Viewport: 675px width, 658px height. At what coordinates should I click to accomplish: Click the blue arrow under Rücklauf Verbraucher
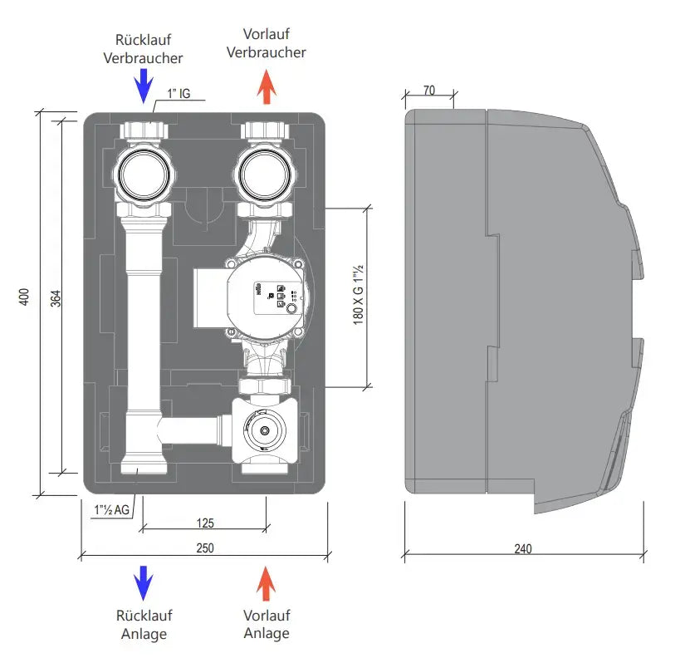point(143,86)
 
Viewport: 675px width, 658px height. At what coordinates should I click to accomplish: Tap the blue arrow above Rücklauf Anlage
point(143,582)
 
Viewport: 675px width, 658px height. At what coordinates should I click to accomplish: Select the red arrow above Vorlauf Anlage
point(266,582)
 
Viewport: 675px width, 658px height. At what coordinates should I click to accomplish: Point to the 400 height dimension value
point(24,298)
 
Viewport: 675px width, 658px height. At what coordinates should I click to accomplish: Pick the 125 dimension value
point(204,523)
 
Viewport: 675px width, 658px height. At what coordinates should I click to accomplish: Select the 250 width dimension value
point(204,548)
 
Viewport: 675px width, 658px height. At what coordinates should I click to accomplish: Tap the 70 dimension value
point(428,90)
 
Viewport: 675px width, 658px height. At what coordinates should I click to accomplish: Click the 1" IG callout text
point(179,94)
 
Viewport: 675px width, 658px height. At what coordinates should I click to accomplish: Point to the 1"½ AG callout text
point(111,509)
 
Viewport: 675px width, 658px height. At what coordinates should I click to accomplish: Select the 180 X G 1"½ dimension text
point(359,295)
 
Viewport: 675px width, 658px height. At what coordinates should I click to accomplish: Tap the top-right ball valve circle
point(265,173)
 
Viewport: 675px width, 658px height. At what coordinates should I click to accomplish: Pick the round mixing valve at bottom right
point(265,432)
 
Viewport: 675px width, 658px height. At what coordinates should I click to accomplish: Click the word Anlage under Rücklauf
point(143,634)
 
